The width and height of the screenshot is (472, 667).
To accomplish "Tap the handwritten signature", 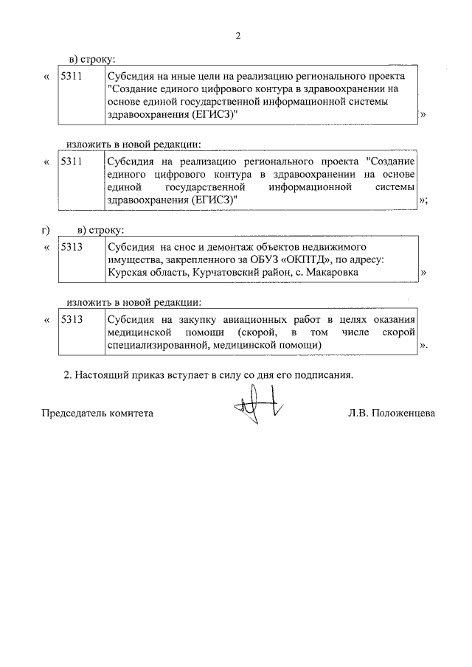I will pos(255,408).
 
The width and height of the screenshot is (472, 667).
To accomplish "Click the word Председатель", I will pos(72,413).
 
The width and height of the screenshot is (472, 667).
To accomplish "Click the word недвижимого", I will pos(337,248).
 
